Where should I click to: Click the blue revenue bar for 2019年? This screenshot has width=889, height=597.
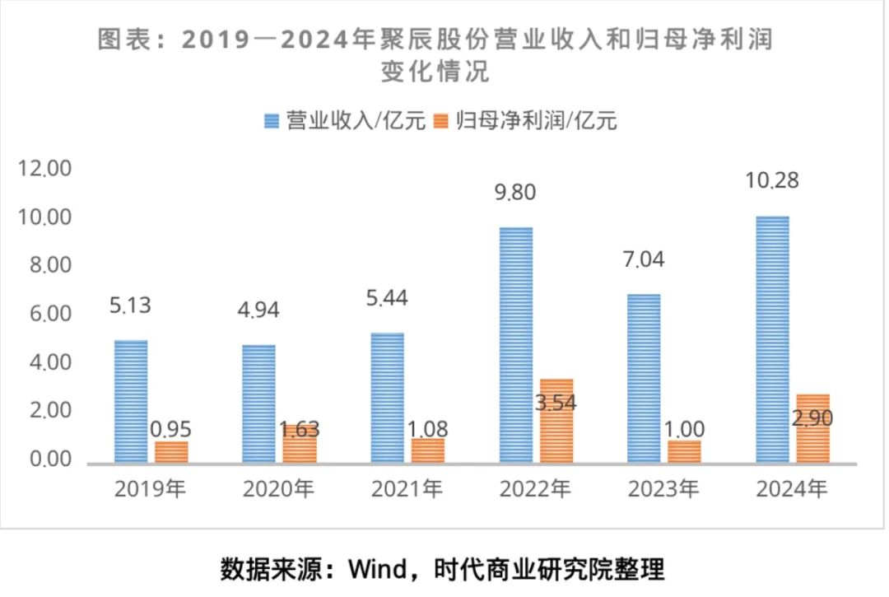click(131, 401)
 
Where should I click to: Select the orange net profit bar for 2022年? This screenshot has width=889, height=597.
click(556, 422)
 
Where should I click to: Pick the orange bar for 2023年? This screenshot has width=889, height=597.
click(685, 451)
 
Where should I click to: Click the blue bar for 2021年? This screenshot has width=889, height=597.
click(388, 398)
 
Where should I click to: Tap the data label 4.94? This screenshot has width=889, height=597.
click(259, 310)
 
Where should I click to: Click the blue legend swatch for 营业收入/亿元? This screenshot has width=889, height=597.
click(271, 122)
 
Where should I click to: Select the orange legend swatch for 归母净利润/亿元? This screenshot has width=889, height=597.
click(440, 122)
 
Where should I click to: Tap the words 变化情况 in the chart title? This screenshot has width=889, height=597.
click(435, 72)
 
